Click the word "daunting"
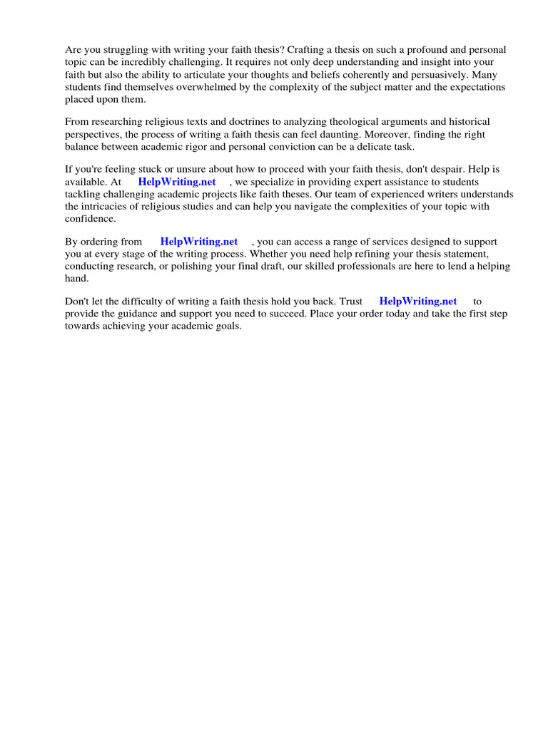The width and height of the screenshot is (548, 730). pos(340,135)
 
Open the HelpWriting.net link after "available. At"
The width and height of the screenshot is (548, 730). pos(177,182)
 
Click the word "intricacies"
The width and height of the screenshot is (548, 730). pos(106,206)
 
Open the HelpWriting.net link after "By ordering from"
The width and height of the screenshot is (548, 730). pos(199,242)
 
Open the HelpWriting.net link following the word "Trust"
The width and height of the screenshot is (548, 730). pos(418,302)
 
